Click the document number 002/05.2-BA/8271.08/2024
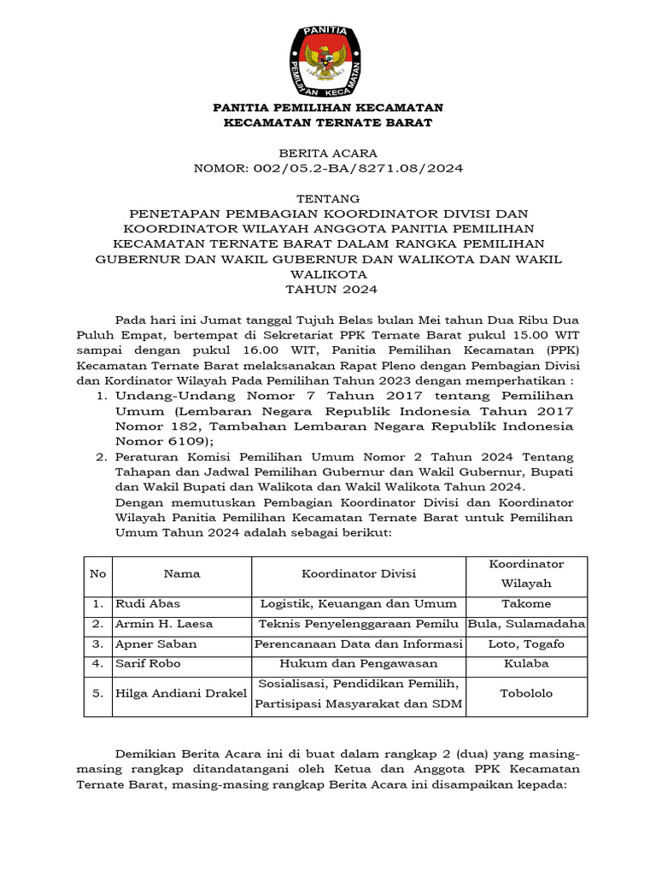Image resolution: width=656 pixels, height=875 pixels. point(328,168)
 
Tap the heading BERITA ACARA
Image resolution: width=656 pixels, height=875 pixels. point(328,153)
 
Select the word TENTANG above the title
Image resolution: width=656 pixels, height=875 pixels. point(328,197)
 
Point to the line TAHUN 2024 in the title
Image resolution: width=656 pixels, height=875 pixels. point(328,290)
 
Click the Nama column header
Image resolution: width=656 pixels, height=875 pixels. point(181,573)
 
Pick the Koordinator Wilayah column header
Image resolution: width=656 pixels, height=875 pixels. point(526,573)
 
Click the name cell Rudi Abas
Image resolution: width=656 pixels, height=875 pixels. point(148,603)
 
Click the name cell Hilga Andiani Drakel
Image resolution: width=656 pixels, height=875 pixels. point(181,693)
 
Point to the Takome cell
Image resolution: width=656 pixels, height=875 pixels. point(526,603)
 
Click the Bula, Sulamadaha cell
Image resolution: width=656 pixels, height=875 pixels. point(526,624)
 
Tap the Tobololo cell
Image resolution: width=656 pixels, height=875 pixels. point(526,693)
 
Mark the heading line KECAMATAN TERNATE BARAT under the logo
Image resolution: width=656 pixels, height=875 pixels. point(328,123)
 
